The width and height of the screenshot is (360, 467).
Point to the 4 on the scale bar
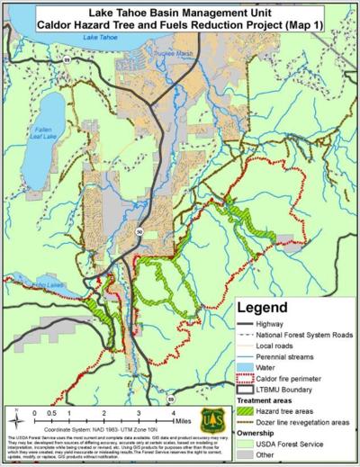point(173,409)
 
